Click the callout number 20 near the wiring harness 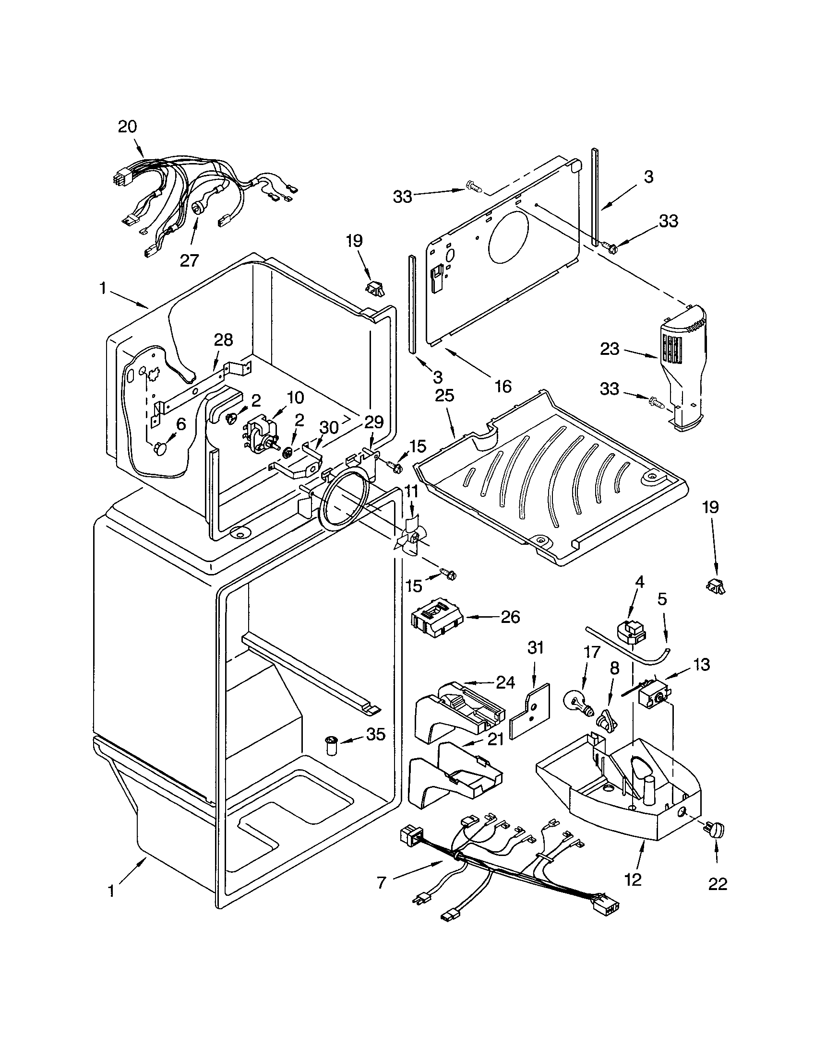point(128,127)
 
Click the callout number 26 point(511,617)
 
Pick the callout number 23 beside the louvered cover point(609,349)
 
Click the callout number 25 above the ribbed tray point(444,395)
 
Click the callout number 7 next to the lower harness point(382,882)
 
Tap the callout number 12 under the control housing point(633,879)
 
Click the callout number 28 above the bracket point(223,340)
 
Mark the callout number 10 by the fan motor point(295,397)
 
